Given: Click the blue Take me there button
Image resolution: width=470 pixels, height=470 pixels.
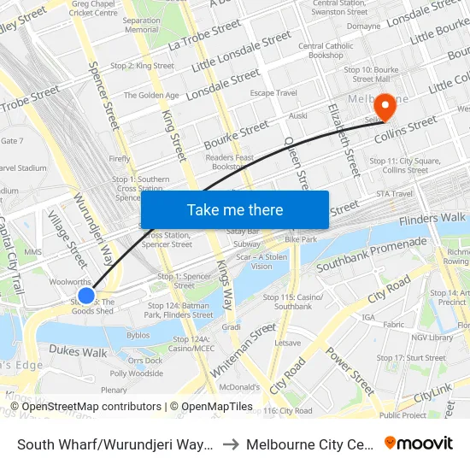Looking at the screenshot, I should point(235,209).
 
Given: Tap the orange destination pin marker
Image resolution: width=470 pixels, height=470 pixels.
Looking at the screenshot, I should point(385,107).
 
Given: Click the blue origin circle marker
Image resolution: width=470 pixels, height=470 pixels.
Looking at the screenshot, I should point(86,295).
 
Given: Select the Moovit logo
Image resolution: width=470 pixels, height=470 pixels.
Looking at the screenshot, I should point(419,444).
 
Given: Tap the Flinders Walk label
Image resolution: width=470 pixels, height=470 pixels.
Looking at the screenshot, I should point(432,219).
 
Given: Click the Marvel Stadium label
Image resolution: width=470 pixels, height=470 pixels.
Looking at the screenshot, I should point(22,168).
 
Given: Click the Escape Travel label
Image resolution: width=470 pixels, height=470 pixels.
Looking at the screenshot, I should point(273,93).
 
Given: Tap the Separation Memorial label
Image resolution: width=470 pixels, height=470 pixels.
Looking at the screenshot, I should point(141,25).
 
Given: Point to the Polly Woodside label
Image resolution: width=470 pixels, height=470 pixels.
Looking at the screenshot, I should point(137,373).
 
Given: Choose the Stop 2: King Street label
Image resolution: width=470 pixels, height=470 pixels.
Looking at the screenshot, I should point(143,66).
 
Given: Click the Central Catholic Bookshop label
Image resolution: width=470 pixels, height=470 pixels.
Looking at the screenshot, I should point(326,50).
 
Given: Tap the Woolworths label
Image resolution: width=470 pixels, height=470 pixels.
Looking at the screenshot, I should point(70,280).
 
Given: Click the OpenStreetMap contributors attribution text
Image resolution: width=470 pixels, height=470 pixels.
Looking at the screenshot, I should point(91,407).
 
